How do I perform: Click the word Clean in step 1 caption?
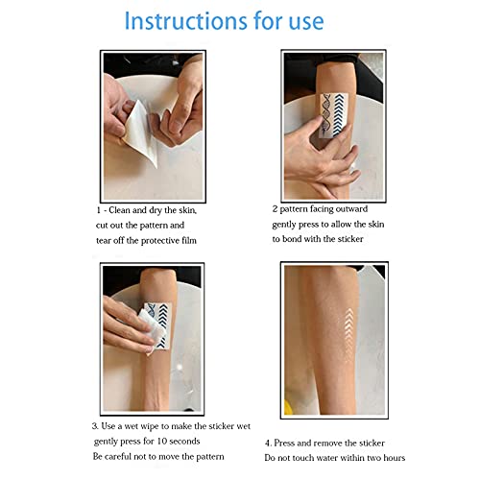[125, 208]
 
